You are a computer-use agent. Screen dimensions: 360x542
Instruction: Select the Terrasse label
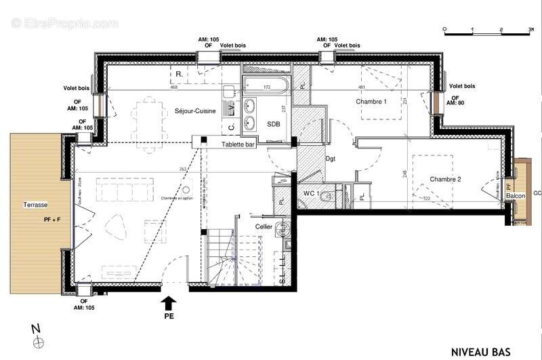(x=33, y=205)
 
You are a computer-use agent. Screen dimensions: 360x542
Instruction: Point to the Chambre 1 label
(x=371, y=102)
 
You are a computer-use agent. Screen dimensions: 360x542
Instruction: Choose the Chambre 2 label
(x=445, y=179)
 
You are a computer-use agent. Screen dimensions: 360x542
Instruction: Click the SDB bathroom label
(x=274, y=124)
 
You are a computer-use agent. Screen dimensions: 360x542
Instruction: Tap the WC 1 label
(x=311, y=194)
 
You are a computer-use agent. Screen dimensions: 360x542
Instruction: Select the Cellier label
(x=264, y=227)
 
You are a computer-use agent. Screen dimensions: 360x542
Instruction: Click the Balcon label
(x=516, y=197)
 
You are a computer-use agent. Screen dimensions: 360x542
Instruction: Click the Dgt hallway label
(x=331, y=160)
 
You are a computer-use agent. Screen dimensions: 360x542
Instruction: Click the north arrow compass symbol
(x=38, y=339)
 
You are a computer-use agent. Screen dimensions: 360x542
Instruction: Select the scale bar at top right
(x=486, y=30)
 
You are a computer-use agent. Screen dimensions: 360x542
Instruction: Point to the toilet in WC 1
(x=327, y=197)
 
